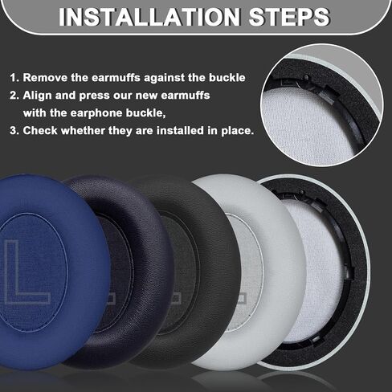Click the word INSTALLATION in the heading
(149, 17)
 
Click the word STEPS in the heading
(290, 17)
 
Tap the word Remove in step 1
(45, 78)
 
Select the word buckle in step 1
(227, 78)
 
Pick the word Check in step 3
(40, 131)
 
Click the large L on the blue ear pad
(26, 272)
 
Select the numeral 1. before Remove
(14, 78)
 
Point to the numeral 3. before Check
(14, 131)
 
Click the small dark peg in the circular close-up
(306, 77)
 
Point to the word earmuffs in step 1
(116, 78)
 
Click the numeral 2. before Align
(14, 96)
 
